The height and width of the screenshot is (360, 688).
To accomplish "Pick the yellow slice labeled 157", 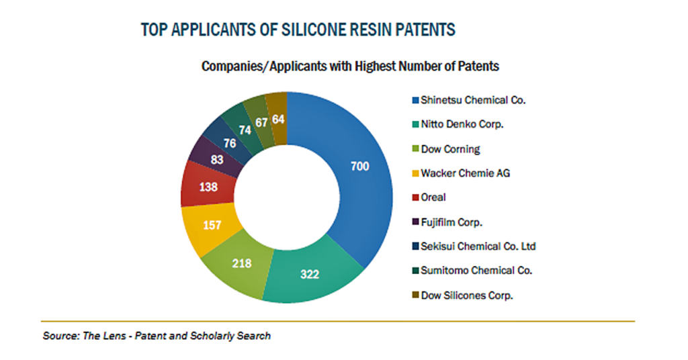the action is (210, 226).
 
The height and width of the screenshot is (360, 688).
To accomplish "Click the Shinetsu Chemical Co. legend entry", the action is (468, 101).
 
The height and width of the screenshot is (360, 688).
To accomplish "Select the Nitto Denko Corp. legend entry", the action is (458, 124).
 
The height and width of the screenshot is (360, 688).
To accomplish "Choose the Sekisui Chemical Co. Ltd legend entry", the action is (474, 246).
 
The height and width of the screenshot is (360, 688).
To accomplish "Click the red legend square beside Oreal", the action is (415, 197).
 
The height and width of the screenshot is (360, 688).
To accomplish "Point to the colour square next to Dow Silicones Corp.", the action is (415, 296).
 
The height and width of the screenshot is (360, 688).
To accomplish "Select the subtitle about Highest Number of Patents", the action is (350, 66).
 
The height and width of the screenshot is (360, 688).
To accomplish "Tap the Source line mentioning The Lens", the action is (157, 336).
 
